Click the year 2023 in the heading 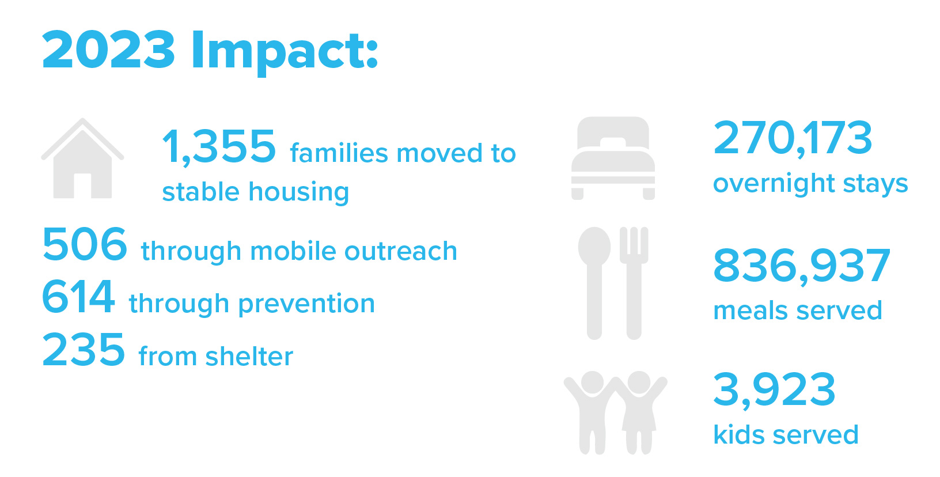pos(108,50)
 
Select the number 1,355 pos(219,146)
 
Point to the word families pos(339,153)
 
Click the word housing pos(299,193)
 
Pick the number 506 pos(84,244)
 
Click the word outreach pos(401,251)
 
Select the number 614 pos(78,297)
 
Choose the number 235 pos(84,349)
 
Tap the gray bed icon pos(613,158)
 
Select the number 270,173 pos(793,138)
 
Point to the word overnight pos(774,184)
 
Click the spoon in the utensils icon pos(594,283)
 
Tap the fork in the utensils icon pos(634,283)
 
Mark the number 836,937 pos(802,266)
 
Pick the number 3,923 pos(774,390)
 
